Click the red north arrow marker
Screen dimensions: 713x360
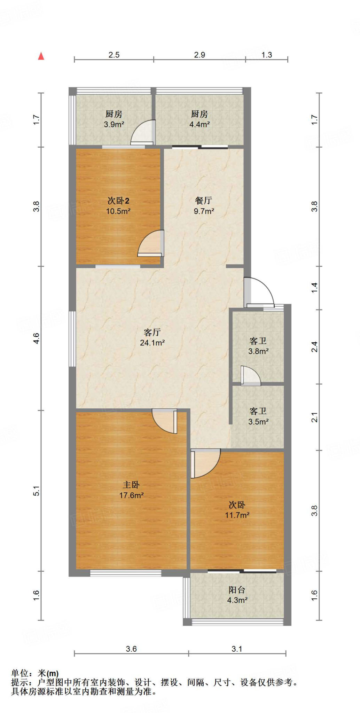[41, 56]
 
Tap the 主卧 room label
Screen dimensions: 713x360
[131, 485]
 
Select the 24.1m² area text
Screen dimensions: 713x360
[152, 343]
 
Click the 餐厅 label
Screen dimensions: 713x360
[204, 201]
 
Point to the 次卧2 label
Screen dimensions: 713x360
[118, 201]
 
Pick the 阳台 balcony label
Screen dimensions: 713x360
[237, 590]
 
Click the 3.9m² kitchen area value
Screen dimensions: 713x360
[114, 124]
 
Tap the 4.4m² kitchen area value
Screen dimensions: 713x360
[199, 124]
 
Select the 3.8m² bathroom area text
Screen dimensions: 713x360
[258, 351]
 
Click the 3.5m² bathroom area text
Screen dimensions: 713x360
[258, 422]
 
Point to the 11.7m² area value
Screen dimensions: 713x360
[237, 515]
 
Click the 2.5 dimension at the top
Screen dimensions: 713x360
[114, 55]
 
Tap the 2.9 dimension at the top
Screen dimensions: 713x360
[199, 55]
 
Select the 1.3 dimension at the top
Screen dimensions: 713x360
[267, 55]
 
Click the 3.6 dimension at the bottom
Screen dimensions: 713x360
[131, 649]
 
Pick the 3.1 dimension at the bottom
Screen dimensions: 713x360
[237, 649]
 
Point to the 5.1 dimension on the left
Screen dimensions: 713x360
[37, 491]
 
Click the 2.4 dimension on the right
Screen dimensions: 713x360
[314, 347]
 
